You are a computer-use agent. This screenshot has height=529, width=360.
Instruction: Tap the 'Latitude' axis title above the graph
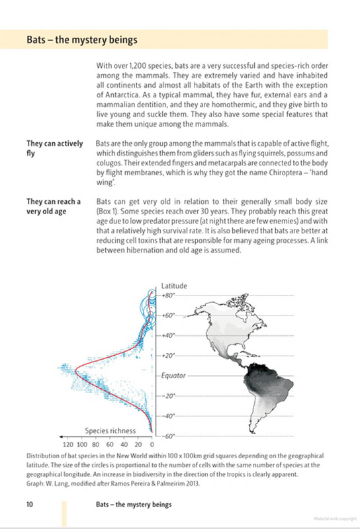pos(175,286)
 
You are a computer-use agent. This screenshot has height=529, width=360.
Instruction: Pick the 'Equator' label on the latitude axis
pos(173,375)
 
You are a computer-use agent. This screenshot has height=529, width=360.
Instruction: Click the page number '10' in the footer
pos(30,505)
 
